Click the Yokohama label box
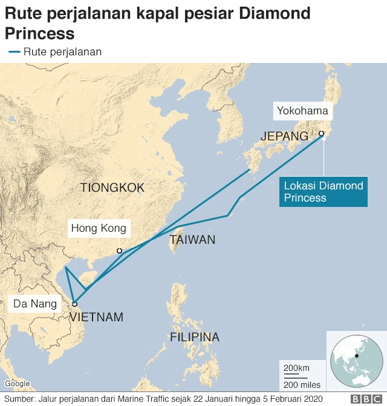click(302, 111)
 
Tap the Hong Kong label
click(99, 228)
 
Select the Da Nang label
click(35, 304)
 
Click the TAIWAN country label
click(192, 240)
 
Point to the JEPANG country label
click(284, 136)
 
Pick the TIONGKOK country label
click(112, 188)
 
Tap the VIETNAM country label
click(96, 317)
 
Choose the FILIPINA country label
click(195, 337)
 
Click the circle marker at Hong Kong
click(119, 250)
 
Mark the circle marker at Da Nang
click(74, 304)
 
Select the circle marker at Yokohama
click(322, 134)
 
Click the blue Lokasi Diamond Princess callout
click(324, 192)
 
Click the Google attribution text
click(17, 384)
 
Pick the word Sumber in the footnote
click(18, 399)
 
